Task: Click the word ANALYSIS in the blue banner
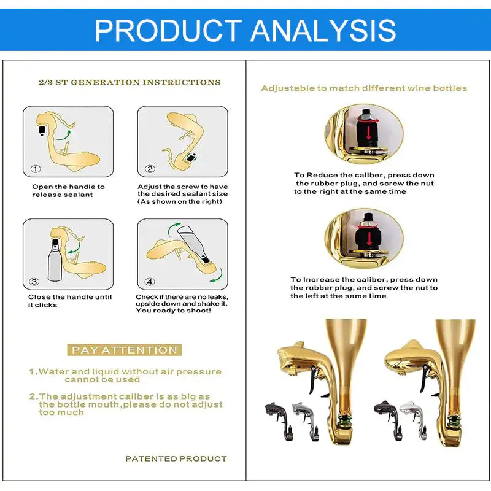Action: coord(323,30)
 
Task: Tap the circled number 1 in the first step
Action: coord(36,169)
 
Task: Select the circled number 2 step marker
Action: coord(150,169)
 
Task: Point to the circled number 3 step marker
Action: coord(34,282)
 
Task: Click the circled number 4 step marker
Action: coord(150,282)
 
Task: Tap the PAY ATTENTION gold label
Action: coord(125,350)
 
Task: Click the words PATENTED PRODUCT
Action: coord(176,458)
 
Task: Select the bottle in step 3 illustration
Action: coord(54,260)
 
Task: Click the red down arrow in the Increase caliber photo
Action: coord(369,239)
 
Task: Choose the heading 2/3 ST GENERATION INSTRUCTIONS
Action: coord(130,82)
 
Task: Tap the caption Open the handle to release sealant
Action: coord(68,191)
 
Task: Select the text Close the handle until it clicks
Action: coord(70,301)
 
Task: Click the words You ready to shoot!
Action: coord(173,311)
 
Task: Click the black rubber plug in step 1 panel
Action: coord(41,130)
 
